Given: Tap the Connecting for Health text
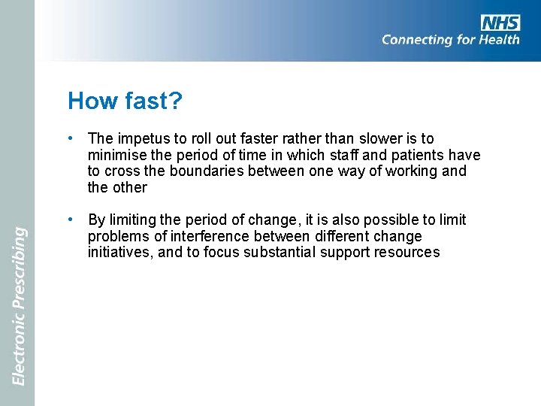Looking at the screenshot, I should click(450, 40).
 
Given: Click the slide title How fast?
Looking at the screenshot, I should click(125, 101).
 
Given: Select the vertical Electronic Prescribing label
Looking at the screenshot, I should click(19, 306).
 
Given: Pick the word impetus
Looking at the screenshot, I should click(142, 139).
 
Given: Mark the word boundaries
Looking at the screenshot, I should click(207, 171).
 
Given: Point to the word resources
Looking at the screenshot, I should click(408, 253).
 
